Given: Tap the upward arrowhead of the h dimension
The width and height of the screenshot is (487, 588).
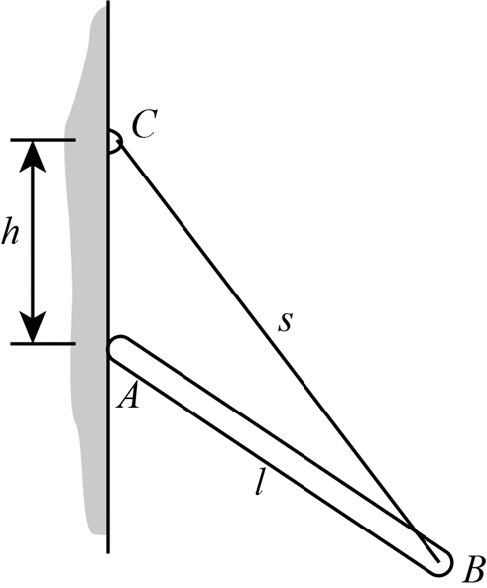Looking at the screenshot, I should tap(34, 154).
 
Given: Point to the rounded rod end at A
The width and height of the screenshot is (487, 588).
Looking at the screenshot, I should tap(120, 349).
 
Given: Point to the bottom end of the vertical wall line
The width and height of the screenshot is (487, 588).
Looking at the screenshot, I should tap(108, 550).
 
